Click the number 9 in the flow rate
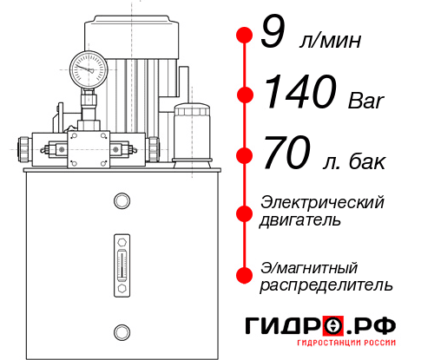click(x=273, y=34)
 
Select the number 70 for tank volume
click(x=286, y=154)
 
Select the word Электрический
click(x=322, y=202)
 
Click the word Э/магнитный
click(x=310, y=266)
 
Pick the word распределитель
click(x=326, y=285)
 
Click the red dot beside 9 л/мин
click(x=244, y=35)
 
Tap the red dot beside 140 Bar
click(x=244, y=94)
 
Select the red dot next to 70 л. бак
click(x=244, y=156)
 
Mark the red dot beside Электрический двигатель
click(x=244, y=213)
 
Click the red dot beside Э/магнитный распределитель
click(x=244, y=275)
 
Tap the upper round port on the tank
click(x=122, y=201)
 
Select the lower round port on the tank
click(x=122, y=330)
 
